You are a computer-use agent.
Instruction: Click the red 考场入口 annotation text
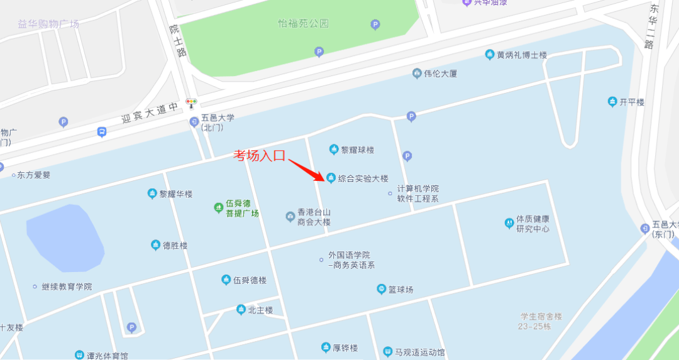[x=260, y=155]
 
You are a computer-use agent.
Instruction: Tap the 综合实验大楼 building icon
[x=331, y=178]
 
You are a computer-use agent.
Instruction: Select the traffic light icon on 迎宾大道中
[x=191, y=102]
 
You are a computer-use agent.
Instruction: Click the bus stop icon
[x=102, y=132]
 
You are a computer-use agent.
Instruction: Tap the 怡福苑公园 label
[x=304, y=24]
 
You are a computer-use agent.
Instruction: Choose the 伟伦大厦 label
[x=440, y=74]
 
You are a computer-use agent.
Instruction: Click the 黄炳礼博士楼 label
[x=522, y=55]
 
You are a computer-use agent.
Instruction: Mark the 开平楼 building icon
[x=612, y=102]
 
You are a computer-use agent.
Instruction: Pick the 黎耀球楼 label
[x=357, y=150]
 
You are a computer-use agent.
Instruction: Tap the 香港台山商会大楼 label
[x=314, y=217]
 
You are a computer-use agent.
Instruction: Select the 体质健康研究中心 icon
[x=509, y=222]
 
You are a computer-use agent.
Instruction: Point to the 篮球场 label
[x=400, y=290]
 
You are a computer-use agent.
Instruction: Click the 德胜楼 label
[x=175, y=246]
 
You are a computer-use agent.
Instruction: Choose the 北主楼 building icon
[x=241, y=310]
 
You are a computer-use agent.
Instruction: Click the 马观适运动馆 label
[x=419, y=352]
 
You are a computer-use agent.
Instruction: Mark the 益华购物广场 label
[x=48, y=24]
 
